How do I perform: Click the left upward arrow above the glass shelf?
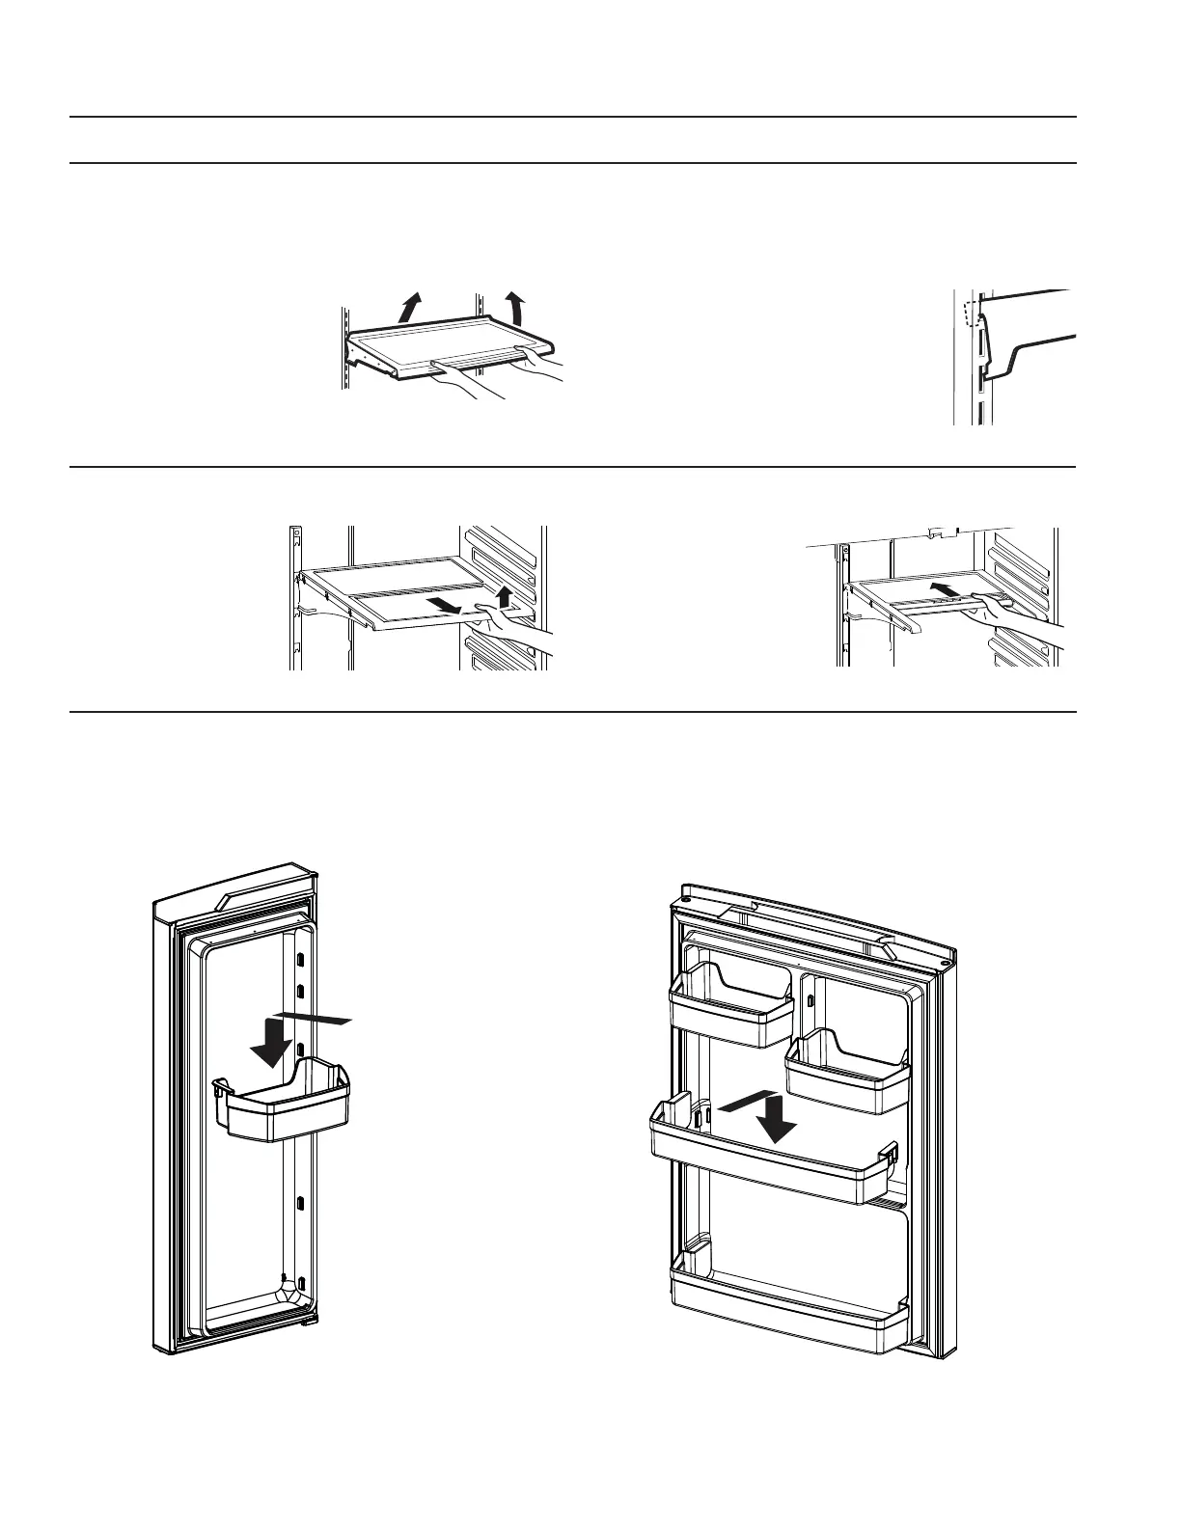[411, 308]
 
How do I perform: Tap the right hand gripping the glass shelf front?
[543, 365]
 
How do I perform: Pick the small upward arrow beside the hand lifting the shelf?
[503, 595]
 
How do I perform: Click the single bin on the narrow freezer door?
[286, 1100]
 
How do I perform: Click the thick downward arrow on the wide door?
[777, 1116]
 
